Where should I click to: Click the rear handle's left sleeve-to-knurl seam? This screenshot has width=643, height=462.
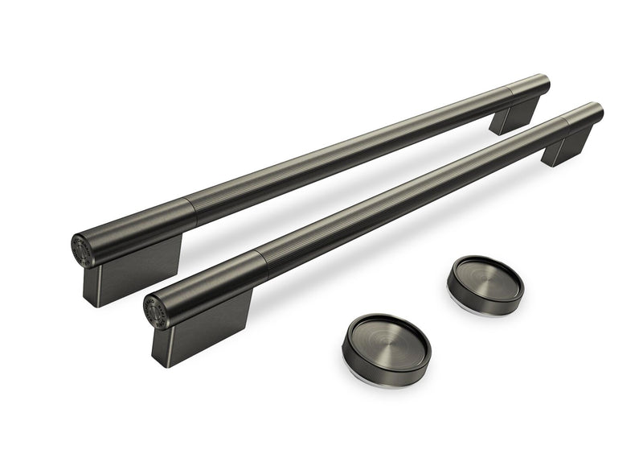point(192,212)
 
